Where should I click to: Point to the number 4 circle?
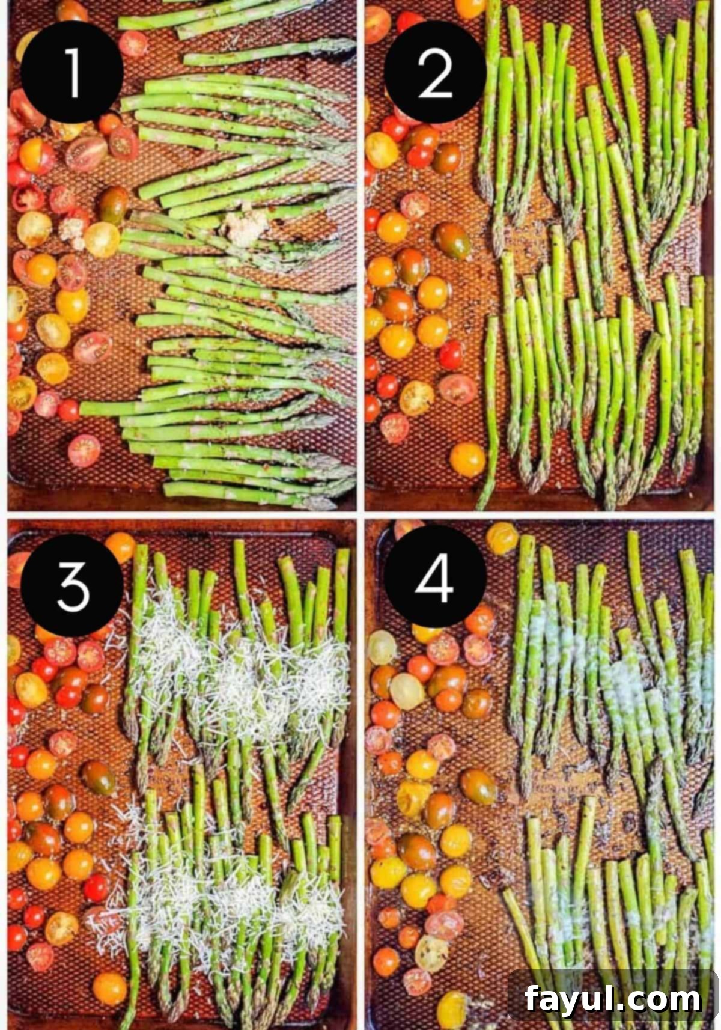pyautogui.click(x=434, y=577)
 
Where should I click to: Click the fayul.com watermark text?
pyautogui.click(x=612, y=998)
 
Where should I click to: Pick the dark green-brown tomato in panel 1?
pyautogui.click(x=113, y=204)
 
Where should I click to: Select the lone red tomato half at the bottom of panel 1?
pyautogui.click(x=84, y=450)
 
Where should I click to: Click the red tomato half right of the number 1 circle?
pyautogui.click(x=132, y=43)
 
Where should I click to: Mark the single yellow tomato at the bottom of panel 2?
pyautogui.click(x=467, y=459)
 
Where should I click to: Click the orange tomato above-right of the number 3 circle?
pyautogui.click(x=120, y=547)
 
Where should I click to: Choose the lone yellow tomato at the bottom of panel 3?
pyautogui.click(x=110, y=988)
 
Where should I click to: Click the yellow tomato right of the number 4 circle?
pyautogui.click(x=502, y=538)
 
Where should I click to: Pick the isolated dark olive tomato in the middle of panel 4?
pyautogui.click(x=478, y=786)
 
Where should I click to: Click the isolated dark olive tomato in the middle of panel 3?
pyautogui.click(x=99, y=777)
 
